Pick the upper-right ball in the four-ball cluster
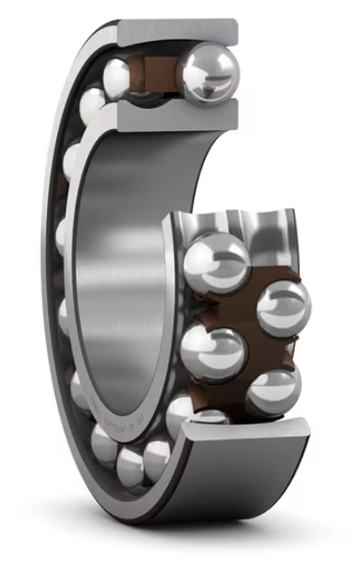tap(282, 308)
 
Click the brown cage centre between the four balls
tap(245, 328)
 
